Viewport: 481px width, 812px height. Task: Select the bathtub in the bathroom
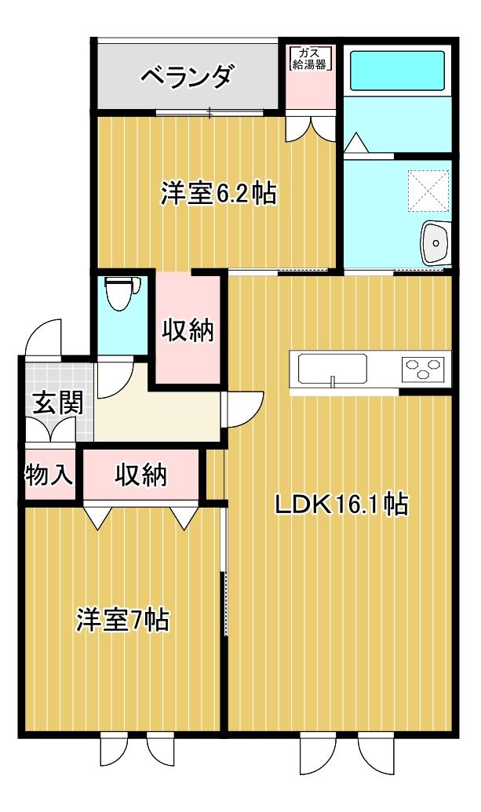(398, 70)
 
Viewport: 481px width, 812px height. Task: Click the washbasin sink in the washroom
(435, 243)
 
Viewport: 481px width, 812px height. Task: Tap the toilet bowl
(122, 293)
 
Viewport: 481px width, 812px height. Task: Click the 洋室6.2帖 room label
(218, 194)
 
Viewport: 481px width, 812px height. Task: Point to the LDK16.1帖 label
(342, 505)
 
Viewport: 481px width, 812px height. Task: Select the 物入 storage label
(49, 475)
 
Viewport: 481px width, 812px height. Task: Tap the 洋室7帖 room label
(122, 619)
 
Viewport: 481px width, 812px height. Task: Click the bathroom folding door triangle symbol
(356, 143)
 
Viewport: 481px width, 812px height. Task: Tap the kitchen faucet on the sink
(333, 382)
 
